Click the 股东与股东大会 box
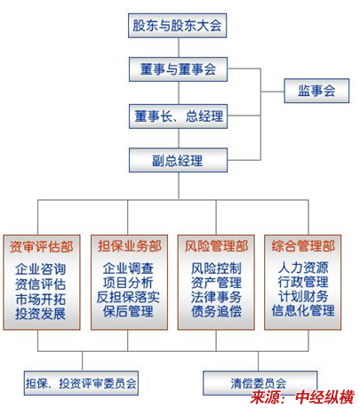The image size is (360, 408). tap(177, 26)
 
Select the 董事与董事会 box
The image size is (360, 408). tap(178, 69)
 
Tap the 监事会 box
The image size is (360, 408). tap(316, 91)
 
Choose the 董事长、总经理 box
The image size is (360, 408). tap(178, 116)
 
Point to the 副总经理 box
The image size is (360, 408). tap(178, 160)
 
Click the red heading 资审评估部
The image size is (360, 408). tap(42, 246)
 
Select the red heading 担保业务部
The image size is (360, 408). tap(130, 246)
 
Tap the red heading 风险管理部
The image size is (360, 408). tap(216, 246)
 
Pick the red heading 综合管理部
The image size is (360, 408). tap(303, 246)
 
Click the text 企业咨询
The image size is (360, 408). tap(41, 269)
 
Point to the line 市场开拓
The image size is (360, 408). tap(41, 299)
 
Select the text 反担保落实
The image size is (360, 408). tap(128, 297)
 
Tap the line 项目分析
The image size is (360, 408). tap(128, 283)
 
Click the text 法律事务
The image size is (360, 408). tap(216, 297)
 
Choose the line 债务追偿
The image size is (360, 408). tap(216, 311)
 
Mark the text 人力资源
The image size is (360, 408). tap(303, 268)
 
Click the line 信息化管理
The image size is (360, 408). tap(303, 310)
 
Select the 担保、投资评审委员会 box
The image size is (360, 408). tap(81, 383)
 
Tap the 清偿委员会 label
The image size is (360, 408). tap(259, 383)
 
